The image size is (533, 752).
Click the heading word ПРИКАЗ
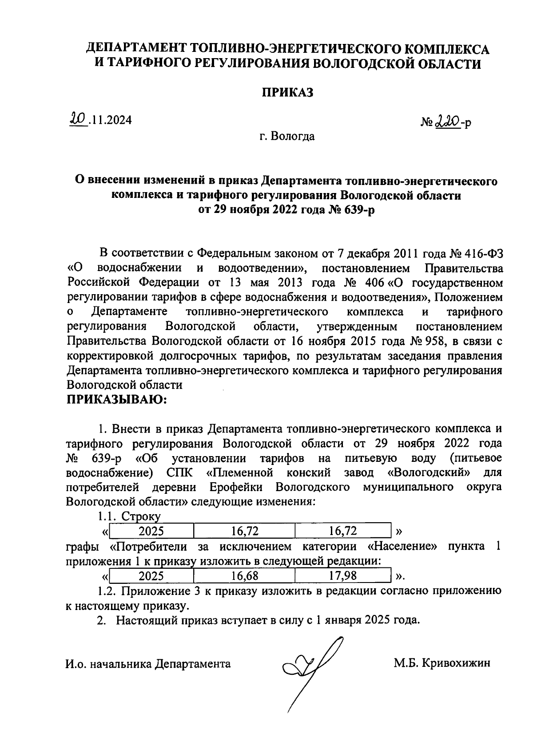287,92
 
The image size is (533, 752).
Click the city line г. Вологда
287,136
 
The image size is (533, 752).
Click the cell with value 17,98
343,576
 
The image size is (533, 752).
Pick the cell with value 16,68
245,576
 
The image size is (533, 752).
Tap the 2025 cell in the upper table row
151,531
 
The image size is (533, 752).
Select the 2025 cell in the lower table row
151,576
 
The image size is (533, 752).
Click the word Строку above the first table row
141,516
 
